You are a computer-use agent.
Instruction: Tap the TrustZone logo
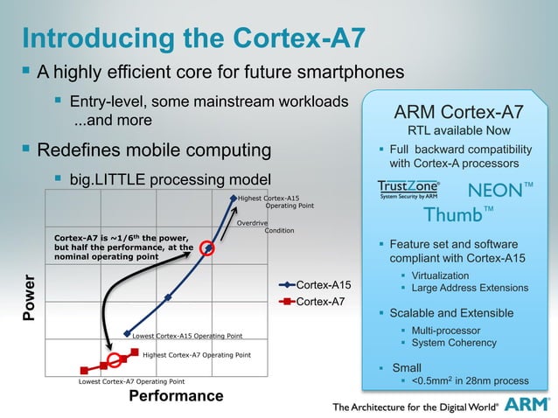coord(408,191)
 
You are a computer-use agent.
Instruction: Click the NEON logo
coord(500,190)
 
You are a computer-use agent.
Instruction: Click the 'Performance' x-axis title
coord(176,396)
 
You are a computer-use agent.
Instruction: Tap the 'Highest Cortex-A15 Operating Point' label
coord(276,202)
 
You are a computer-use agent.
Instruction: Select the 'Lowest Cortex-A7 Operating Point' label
coord(131,382)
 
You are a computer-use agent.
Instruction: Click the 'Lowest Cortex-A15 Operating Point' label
coord(187,336)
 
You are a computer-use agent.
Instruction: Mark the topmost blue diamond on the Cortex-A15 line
coord(234,199)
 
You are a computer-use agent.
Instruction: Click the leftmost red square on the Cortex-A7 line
coord(85,370)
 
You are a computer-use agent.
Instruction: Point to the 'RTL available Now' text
coord(459,130)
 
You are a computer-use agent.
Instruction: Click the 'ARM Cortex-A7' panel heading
coord(459,112)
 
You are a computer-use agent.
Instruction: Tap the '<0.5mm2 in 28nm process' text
coord(470,381)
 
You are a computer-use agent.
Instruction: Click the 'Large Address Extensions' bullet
coord(470,289)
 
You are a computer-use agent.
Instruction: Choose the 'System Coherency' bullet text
coord(455,344)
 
